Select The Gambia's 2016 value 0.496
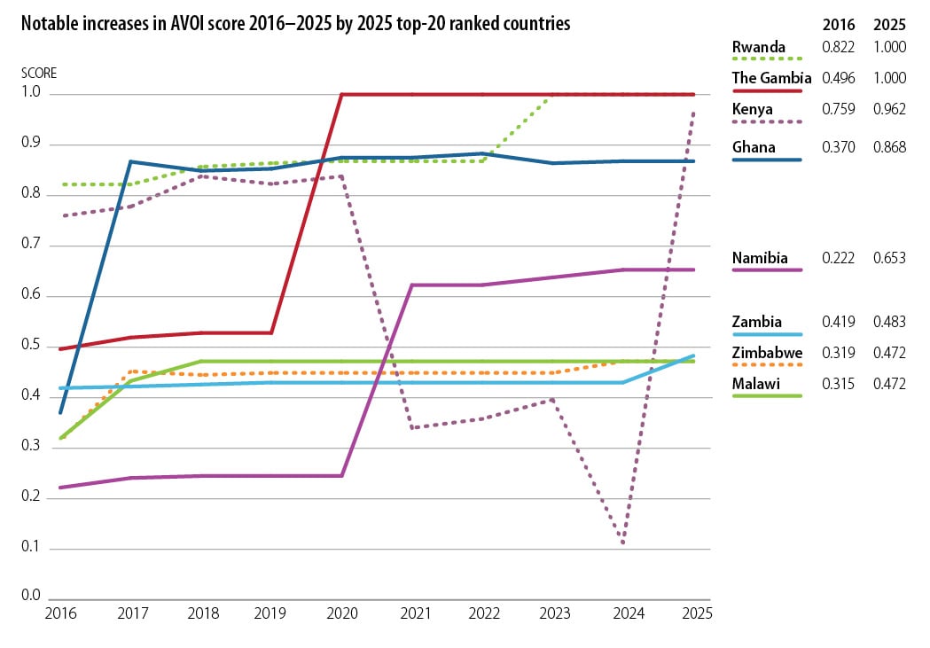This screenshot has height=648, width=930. (838, 78)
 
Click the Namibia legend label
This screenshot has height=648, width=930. (760, 259)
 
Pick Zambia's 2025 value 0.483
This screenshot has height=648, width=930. (889, 322)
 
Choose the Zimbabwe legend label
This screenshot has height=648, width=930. (766, 353)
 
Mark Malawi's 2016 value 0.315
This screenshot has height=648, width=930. (838, 384)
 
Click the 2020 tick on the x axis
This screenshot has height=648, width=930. (341, 613)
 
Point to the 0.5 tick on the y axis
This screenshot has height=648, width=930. (32, 346)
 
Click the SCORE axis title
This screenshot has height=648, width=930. (38, 73)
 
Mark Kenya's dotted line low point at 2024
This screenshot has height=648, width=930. (624, 542)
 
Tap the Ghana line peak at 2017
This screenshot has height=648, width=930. (130, 161)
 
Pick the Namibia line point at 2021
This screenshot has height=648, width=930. (412, 285)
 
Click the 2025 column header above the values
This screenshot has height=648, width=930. (889, 24)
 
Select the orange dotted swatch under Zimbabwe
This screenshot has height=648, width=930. (767, 364)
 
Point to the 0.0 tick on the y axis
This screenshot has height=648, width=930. (32, 596)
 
